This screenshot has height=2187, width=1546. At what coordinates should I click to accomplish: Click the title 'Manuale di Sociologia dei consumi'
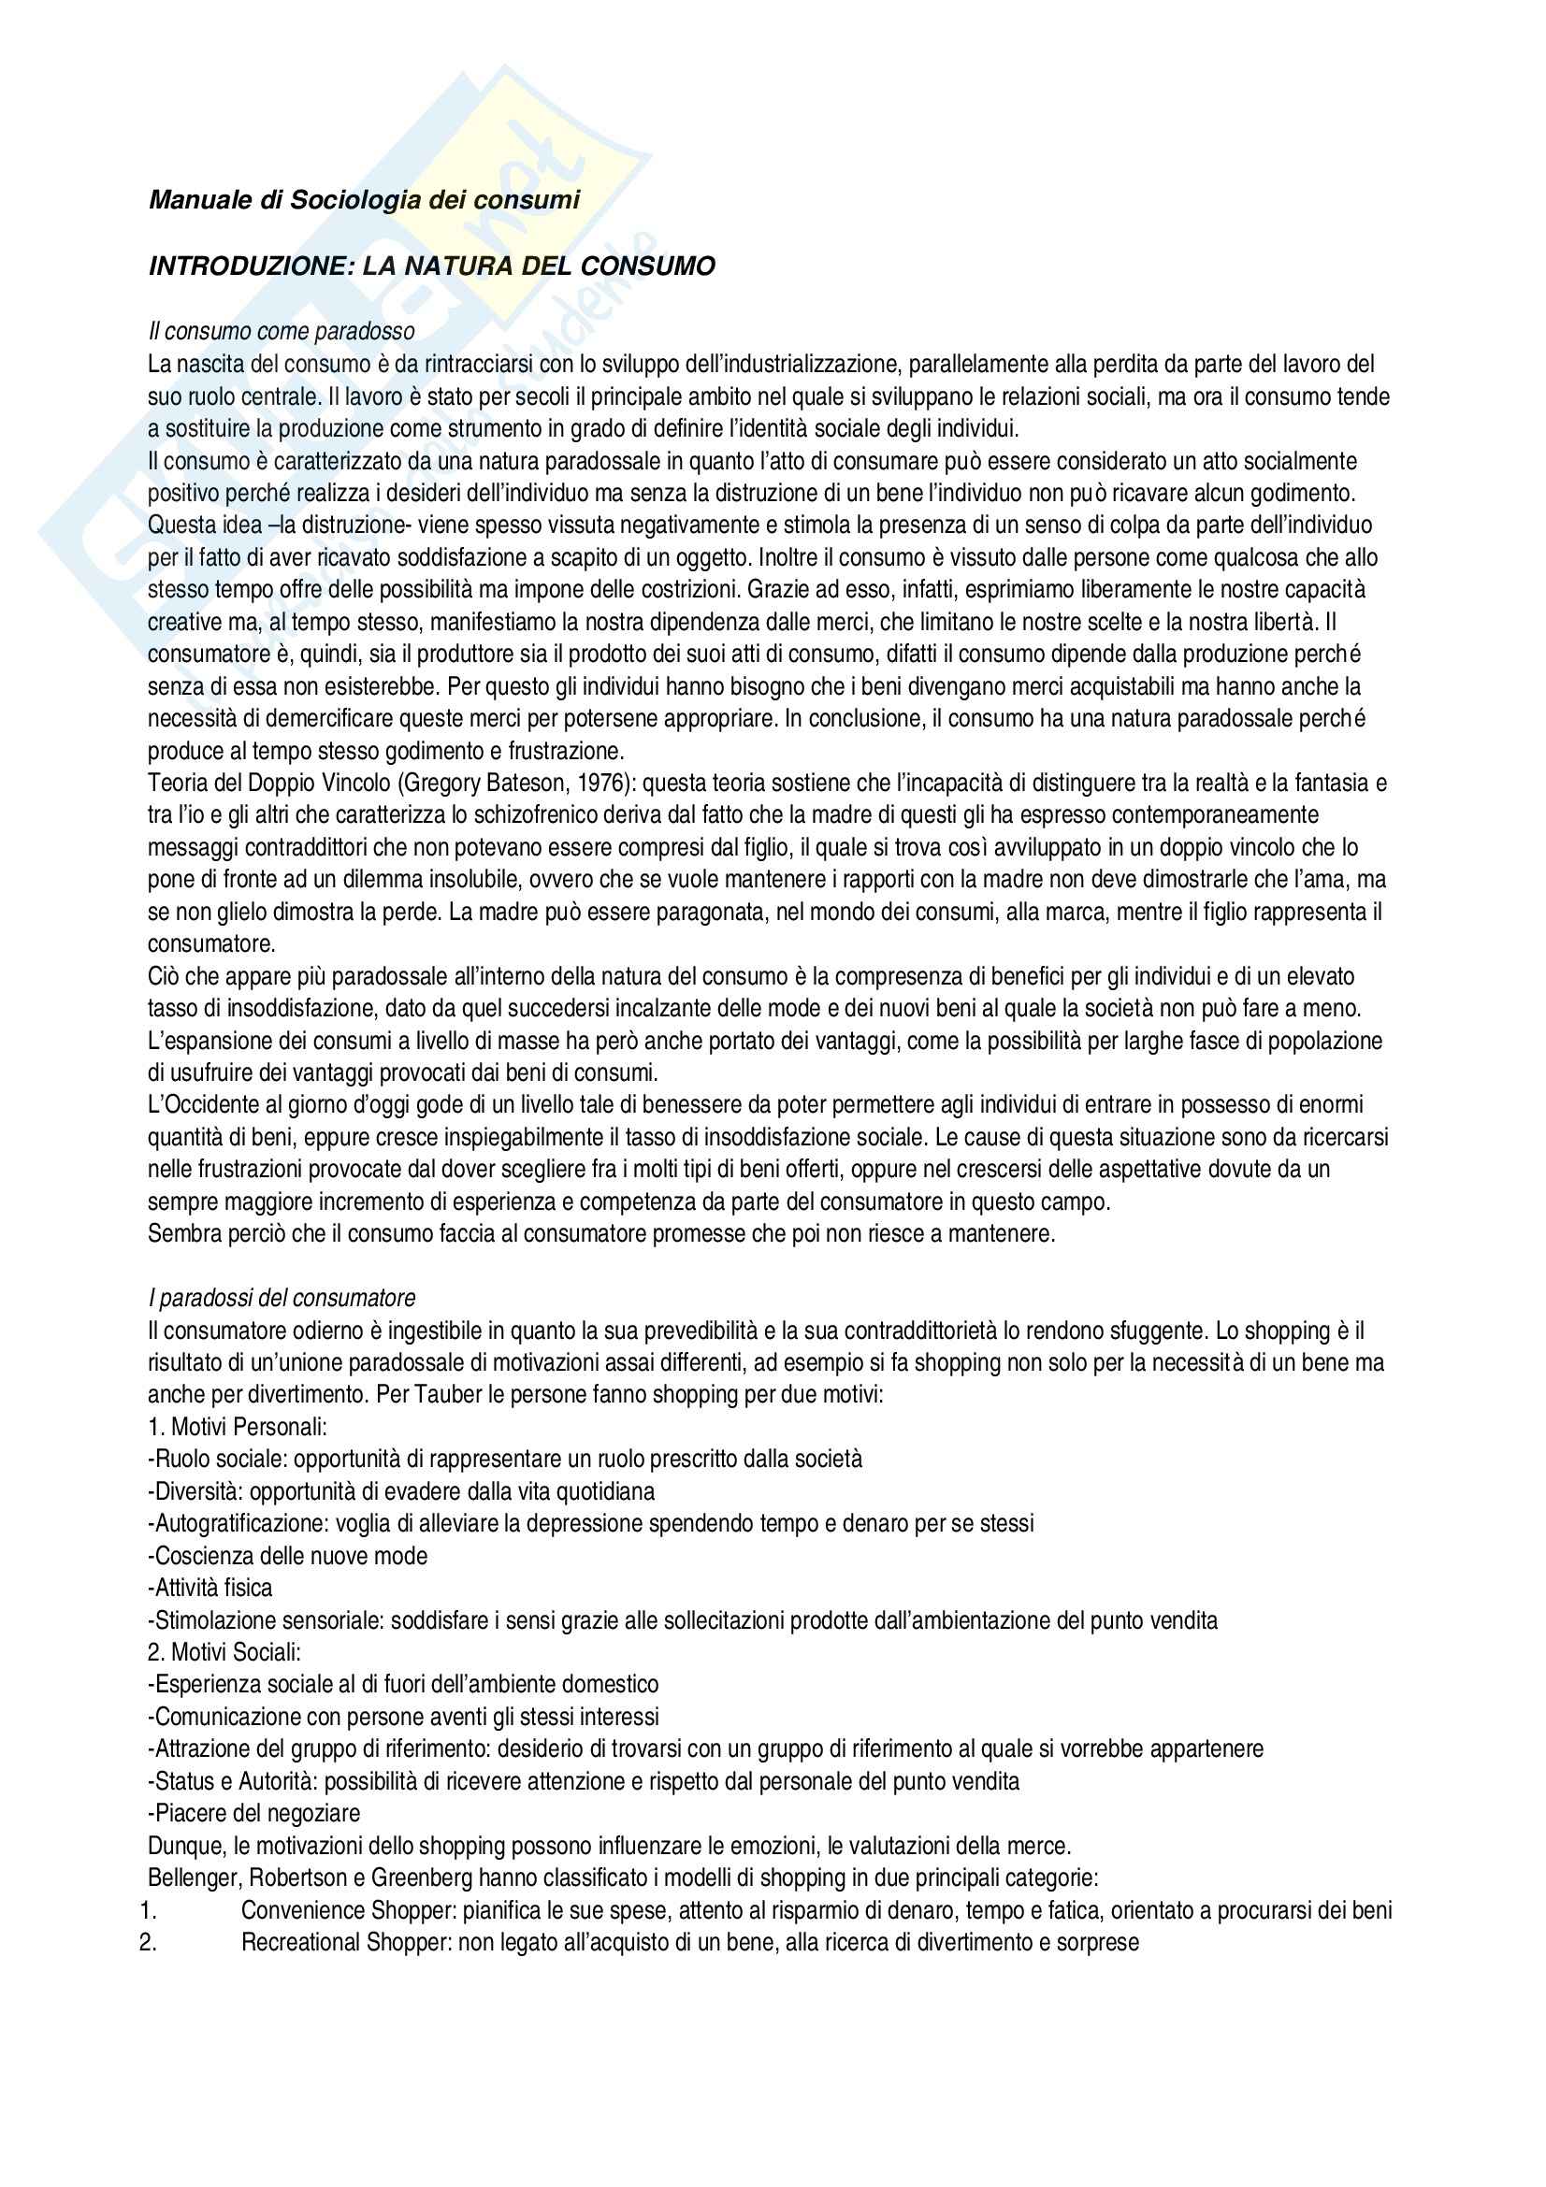click(x=364, y=200)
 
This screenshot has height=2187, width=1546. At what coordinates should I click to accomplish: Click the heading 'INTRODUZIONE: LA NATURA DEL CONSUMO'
click(x=431, y=266)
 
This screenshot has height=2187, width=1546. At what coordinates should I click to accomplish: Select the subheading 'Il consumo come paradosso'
click(x=281, y=332)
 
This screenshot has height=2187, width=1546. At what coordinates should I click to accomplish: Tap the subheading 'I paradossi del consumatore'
click(x=282, y=1298)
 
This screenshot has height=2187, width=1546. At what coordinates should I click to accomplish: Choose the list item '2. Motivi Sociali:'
click(x=224, y=1652)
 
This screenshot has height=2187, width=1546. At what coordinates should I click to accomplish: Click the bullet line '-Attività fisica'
click(x=210, y=1588)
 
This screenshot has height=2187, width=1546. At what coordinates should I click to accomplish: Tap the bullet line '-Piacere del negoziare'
click(x=254, y=1814)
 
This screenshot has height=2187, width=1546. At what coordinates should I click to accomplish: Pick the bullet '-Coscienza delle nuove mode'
click(x=288, y=1556)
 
